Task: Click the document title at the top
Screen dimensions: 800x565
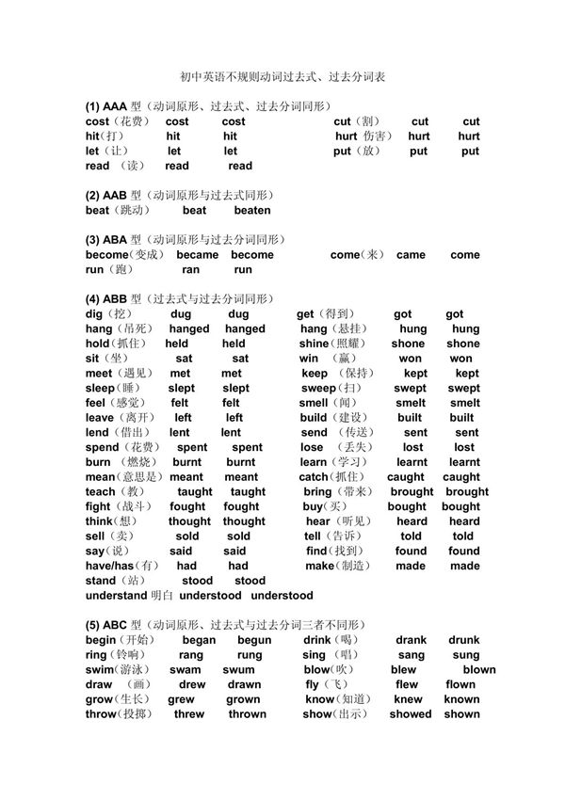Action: point(282,77)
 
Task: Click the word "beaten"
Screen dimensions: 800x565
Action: point(251,210)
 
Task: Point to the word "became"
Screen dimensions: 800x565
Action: point(197,255)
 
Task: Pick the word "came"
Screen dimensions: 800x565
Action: point(411,255)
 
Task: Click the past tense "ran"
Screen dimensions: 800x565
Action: point(190,269)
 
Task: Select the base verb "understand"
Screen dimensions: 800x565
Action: point(116,596)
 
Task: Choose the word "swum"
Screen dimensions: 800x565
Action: point(238,670)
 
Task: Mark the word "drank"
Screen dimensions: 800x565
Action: point(411,640)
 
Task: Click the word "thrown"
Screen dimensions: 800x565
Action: point(247,714)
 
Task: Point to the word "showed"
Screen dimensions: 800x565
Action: point(411,714)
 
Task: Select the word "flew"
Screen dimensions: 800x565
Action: point(407,685)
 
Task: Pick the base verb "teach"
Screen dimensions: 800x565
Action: point(100,492)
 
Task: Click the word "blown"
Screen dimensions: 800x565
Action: point(478,670)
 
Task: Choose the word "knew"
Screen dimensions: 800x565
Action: point(408,699)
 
